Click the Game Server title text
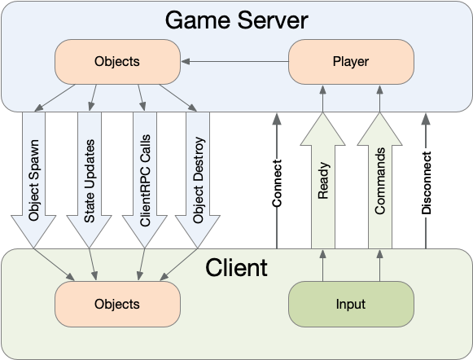236,20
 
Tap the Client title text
236,267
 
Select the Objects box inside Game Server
118,62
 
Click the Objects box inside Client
118,304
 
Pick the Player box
351,62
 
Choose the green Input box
351,304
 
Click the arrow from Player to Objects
234,62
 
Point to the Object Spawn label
33,180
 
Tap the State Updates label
90,181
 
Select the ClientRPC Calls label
145,181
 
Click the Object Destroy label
198,180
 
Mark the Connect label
277,183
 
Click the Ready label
323,181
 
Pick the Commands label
380,181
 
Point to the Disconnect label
426,183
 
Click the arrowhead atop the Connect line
277,119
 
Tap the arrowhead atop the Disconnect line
426,119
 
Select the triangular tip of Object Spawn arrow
33,231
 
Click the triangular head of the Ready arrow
322,130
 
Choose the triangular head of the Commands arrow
380,130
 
